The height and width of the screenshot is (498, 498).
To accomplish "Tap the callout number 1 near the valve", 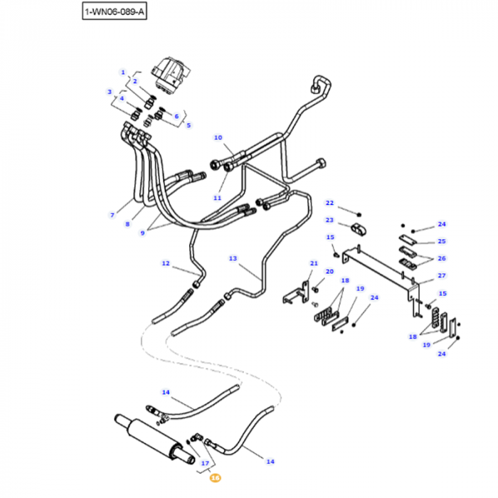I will [x=122, y=73].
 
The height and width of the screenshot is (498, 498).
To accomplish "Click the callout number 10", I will [x=218, y=137].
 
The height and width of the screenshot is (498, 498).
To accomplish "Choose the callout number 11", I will [x=218, y=197].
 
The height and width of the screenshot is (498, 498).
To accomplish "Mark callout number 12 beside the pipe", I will [x=166, y=263].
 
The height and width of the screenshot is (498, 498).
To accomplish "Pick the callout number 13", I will [x=233, y=258].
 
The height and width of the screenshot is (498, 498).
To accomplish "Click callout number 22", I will [x=329, y=203].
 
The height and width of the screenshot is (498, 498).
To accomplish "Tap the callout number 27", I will [x=442, y=275].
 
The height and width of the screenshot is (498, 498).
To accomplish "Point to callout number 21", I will [x=314, y=263].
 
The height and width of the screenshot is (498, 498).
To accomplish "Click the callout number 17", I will [x=206, y=463].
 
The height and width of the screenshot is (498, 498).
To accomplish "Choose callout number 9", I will [x=142, y=233].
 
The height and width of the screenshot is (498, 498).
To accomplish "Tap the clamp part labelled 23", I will [x=359, y=230].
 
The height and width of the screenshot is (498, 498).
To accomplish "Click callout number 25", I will [x=442, y=241].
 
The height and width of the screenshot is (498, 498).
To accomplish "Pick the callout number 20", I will [x=329, y=272].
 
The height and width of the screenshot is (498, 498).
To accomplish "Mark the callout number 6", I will [x=176, y=116].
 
